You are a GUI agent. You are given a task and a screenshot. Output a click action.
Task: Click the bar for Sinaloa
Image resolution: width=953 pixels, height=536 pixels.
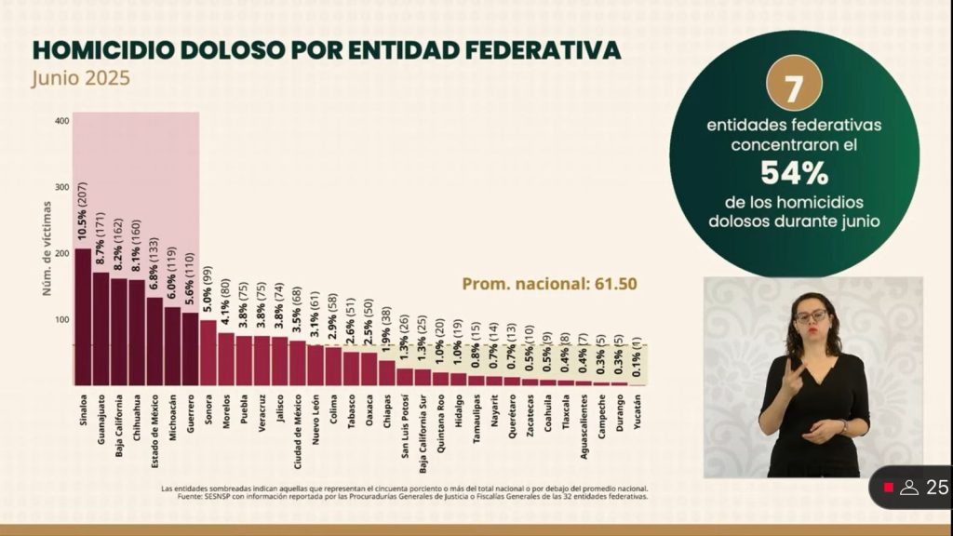[83, 316]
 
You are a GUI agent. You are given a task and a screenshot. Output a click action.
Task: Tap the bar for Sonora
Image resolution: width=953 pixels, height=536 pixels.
[208, 353]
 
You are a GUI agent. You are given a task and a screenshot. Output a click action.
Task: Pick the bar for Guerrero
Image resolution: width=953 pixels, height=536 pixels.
[191, 349]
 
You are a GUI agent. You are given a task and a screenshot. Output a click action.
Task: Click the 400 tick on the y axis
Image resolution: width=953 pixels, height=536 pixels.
[62, 121]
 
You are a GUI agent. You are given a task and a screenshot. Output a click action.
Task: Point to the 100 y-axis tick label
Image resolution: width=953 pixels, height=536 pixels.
[62, 320]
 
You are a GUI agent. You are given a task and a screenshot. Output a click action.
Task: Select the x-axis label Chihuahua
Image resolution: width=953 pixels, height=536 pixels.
[137, 414]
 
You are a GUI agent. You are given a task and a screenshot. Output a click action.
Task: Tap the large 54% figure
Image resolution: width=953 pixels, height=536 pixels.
[794, 172]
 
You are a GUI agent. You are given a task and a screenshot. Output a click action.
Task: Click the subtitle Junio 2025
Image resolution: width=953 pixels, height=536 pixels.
[80, 78]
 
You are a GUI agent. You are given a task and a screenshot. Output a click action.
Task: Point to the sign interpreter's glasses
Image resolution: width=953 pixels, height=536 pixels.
[811, 316]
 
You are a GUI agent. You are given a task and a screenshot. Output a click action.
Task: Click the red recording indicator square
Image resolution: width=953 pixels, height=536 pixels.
[889, 488]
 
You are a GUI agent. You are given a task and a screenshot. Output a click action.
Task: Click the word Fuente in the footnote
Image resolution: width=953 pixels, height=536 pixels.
[192, 497]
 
